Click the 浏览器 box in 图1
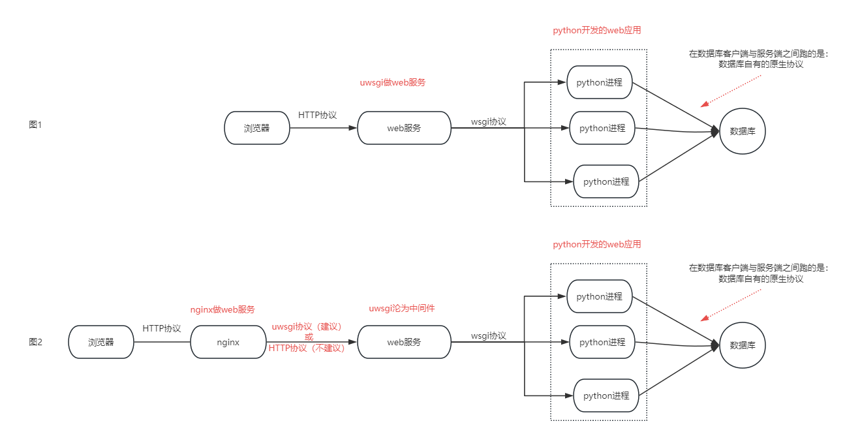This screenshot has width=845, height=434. (x=256, y=128)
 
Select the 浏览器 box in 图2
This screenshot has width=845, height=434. (x=101, y=342)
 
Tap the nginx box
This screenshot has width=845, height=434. (x=228, y=342)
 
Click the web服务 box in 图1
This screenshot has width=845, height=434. (x=404, y=128)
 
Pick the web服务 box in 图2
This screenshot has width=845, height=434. (x=404, y=342)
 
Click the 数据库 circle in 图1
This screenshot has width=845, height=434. (x=743, y=131)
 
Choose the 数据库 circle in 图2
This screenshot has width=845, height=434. (x=743, y=345)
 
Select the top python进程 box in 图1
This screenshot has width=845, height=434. (x=600, y=82)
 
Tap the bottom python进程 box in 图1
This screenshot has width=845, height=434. (x=606, y=181)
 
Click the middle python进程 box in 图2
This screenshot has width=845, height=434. (x=602, y=342)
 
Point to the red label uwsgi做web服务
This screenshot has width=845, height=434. (x=393, y=83)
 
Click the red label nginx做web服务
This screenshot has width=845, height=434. (x=222, y=309)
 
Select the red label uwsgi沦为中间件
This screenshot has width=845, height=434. (x=401, y=309)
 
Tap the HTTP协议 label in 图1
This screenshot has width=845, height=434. (x=317, y=115)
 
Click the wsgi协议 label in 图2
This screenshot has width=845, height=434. (x=488, y=335)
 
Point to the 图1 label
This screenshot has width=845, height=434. (x=35, y=125)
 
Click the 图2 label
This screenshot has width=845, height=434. (x=35, y=341)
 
